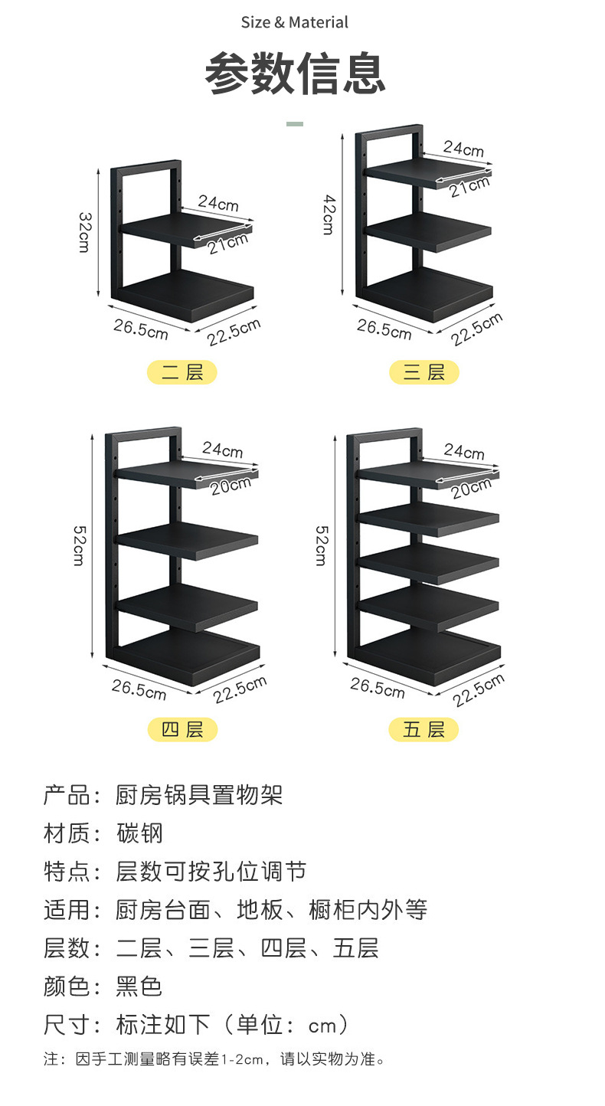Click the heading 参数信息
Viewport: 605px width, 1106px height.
click(295, 74)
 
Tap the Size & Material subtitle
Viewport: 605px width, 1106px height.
click(295, 23)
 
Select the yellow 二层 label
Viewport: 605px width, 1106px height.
click(182, 373)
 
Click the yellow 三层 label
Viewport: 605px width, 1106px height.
click(423, 373)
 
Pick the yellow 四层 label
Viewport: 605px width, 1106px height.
click(182, 730)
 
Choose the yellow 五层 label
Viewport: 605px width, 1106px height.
click(423, 730)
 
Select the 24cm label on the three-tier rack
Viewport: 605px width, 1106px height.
click(463, 149)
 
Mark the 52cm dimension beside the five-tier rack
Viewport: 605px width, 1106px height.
click(322, 545)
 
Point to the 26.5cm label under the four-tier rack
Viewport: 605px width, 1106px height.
click(139, 689)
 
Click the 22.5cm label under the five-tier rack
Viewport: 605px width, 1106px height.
click(478, 690)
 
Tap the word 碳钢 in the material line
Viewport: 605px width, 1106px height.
click(139, 833)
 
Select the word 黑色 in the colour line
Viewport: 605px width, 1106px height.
click(139, 987)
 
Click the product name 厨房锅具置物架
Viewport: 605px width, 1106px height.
click(199, 795)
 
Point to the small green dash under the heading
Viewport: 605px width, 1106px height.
click(295, 123)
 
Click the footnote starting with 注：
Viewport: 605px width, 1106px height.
click(214, 1059)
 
